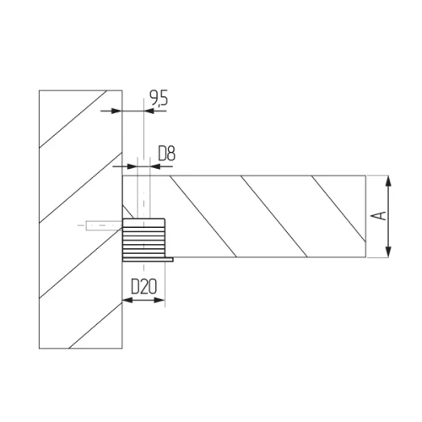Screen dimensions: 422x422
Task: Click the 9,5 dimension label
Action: pyautogui.click(x=159, y=99)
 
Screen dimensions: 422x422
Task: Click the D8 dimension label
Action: pyautogui.click(x=166, y=154)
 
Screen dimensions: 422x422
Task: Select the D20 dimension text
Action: pyautogui.click(x=143, y=287)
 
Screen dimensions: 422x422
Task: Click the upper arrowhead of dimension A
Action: pyautogui.click(x=388, y=181)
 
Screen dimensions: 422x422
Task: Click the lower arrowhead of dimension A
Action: pyautogui.click(x=388, y=252)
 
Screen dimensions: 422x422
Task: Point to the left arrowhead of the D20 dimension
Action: pyautogui.click(x=127, y=300)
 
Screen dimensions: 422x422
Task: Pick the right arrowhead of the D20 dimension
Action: pyautogui.click(x=160, y=300)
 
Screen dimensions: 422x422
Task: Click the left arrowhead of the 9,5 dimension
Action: pyautogui.click(x=116, y=111)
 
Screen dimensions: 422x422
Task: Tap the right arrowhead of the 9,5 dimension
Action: pyautogui.click(x=149, y=111)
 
